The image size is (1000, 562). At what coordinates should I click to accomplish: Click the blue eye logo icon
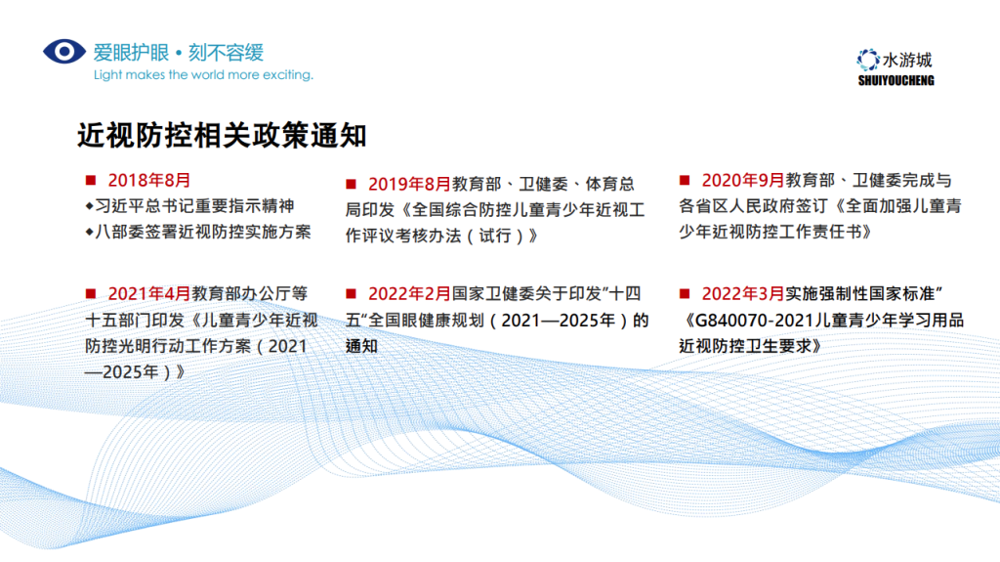(x=64, y=52)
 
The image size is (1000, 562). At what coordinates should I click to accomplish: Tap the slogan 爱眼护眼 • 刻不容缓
(x=179, y=53)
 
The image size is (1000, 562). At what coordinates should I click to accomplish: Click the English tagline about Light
(x=203, y=74)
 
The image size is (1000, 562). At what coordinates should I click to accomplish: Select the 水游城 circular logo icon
(x=867, y=60)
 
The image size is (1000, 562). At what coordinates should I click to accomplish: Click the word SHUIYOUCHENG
(x=896, y=80)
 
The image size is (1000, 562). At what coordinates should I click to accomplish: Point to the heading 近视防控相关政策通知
(x=222, y=136)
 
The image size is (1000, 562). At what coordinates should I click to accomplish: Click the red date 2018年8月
(x=149, y=180)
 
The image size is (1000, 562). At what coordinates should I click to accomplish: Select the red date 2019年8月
(x=409, y=184)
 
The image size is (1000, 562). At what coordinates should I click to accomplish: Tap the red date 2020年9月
(x=743, y=180)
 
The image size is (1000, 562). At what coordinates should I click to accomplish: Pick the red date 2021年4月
(x=149, y=294)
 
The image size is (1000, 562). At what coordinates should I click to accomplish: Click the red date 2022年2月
(x=409, y=294)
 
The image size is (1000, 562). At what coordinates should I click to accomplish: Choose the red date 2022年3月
(x=743, y=294)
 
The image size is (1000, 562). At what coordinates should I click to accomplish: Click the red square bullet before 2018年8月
(x=91, y=180)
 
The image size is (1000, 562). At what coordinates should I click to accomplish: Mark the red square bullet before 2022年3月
(x=685, y=294)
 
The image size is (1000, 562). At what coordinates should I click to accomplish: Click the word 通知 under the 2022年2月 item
(x=361, y=345)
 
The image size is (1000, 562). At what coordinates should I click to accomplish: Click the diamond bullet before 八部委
(x=89, y=232)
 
